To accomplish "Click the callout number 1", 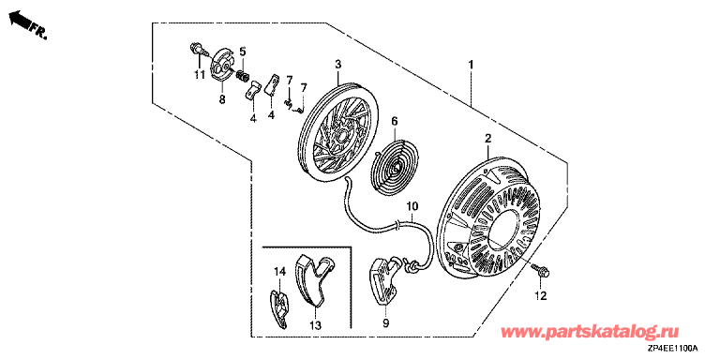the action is click(471, 65).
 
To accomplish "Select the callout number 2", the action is click(487, 138).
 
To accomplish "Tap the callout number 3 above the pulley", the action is click(337, 65).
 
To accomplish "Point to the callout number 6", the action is click(394, 121).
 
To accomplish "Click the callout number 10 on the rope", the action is click(412, 204).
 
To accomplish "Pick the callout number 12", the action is click(540, 296).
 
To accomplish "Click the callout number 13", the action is click(315, 325).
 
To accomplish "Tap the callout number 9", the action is click(385, 323).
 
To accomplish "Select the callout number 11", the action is click(199, 75).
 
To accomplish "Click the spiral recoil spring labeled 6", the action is click(393, 159).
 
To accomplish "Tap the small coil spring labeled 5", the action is click(243, 75).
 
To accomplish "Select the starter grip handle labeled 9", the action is click(383, 282).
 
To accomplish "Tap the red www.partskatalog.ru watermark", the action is click(590, 332).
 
